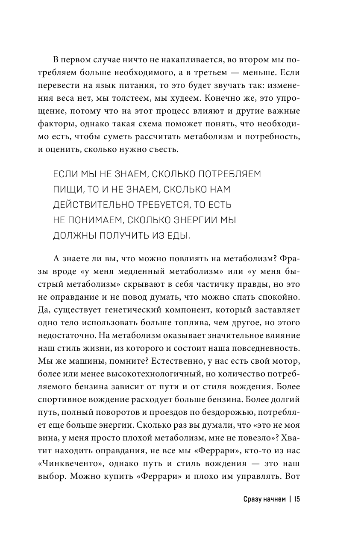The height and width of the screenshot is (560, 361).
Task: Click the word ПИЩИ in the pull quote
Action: [67, 188]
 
